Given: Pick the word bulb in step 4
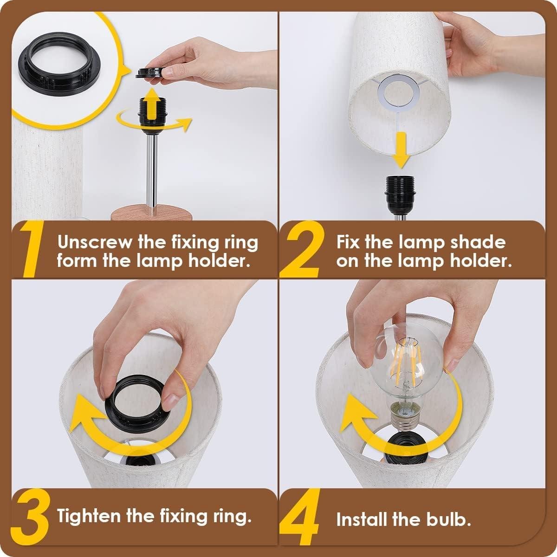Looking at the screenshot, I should point(445,519).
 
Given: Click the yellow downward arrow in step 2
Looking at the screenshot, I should point(400,149).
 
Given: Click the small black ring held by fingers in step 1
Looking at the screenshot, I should point(152,72).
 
